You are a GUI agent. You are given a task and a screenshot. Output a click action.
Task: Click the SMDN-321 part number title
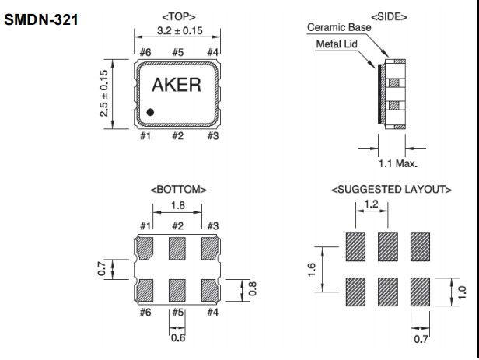pyautogui.click(x=44, y=17)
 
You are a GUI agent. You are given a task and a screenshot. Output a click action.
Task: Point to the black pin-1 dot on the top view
pyautogui.click(x=150, y=113)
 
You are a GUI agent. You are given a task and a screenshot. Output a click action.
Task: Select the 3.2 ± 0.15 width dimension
pyautogui.click(x=179, y=33)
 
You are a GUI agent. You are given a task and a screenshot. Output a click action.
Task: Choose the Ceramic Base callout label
pyautogui.click(x=339, y=26)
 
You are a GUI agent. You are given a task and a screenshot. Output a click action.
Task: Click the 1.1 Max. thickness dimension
pyautogui.click(x=397, y=163)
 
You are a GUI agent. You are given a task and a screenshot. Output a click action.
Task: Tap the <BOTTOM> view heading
pyautogui.click(x=178, y=189)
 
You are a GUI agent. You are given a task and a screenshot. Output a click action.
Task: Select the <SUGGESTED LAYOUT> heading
pyautogui.click(x=391, y=189)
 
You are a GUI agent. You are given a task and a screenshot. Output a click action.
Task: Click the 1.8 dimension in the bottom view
pyautogui.click(x=178, y=207)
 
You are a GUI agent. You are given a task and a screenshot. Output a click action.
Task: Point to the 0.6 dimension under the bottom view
pyautogui.click(x=178, y=337)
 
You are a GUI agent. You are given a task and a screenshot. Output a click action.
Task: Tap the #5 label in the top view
pyautogui.click(x=178, y=53)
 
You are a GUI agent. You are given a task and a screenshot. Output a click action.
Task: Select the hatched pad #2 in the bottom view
pyautogui.click(x=178, y=248)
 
